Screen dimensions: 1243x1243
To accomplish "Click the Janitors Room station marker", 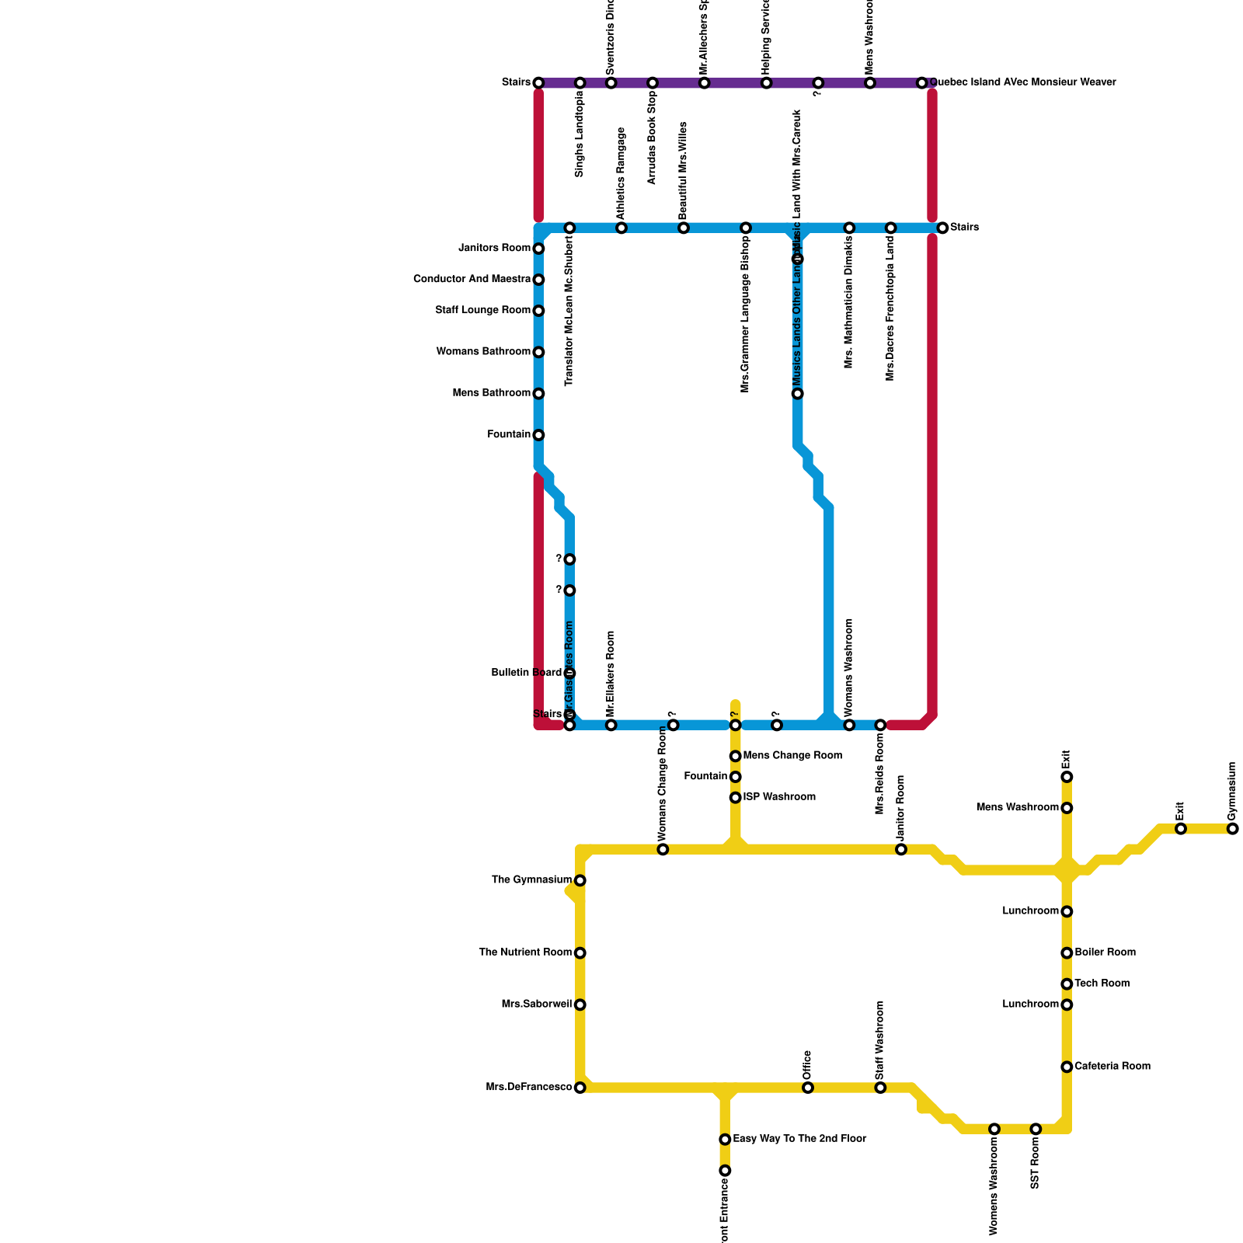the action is [538, 249].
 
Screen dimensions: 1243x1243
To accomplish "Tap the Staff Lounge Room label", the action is [482, 311].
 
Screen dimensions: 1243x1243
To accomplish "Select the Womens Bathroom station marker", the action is [538, 353].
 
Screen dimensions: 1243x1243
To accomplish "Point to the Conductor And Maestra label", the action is [472, 279].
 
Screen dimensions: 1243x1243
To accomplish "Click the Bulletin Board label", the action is [526, 673].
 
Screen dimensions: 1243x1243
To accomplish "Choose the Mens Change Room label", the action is [792, 756].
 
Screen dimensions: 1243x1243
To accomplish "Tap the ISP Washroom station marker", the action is [735, 798].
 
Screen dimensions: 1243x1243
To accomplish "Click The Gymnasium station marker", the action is [580, 880].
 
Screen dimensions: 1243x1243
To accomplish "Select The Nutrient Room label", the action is [525, 952].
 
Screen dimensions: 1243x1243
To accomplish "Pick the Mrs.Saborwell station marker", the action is [580, 1005].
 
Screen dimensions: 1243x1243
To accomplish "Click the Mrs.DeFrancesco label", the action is [529, 1088].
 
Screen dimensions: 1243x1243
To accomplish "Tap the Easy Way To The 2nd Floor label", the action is [799, 1139].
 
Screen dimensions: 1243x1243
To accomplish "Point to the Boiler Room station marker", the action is [1067, 953].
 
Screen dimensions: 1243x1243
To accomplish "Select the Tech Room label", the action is [1102, 984].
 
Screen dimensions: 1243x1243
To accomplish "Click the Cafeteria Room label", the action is [1112, 1067].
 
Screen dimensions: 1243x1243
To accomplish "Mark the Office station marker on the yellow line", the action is [808, 1088].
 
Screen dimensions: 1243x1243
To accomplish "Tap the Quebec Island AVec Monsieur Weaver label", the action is [1022, 82].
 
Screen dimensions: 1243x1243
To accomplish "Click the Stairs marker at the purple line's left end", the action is [538, 83].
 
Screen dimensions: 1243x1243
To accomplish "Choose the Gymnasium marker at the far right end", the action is [1233, 829].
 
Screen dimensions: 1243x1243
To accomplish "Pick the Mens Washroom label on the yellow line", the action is [1017, 808].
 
